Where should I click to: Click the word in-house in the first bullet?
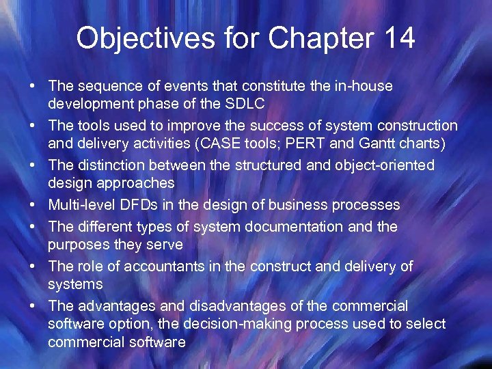pyautogui.click(x=364, y=86)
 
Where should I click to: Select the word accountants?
pyautogui.click(x=167, y=265)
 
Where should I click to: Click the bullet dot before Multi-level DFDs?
pyautogui.click(x=32, y=205)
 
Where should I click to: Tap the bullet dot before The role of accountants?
pyautogui.click(x=32, y=265)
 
